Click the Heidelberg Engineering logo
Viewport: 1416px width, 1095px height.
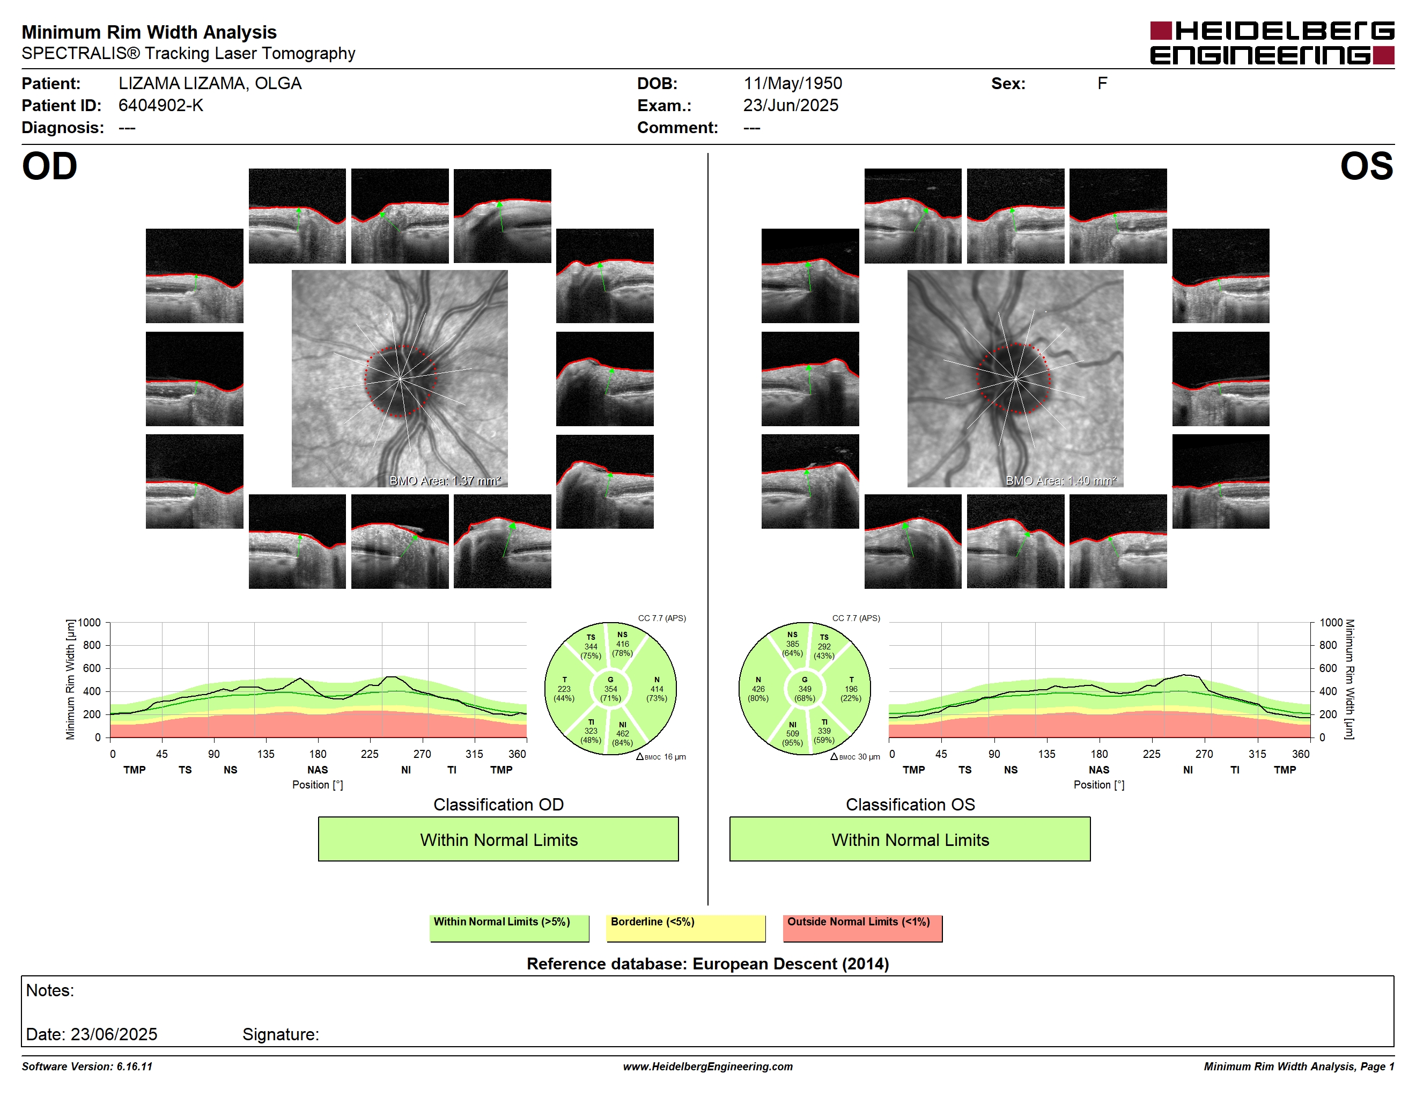point(1272,43)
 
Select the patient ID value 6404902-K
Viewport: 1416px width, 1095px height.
point(161,106)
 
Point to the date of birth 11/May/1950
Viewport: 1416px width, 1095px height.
point(792,84)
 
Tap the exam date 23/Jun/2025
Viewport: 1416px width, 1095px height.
point(791,106)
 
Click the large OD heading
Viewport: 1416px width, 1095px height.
point(49,167)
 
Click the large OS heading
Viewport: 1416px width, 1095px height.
point(1367,167)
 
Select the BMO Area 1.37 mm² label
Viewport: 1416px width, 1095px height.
point(445,481)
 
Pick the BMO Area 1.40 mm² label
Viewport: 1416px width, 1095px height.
point(1061,481)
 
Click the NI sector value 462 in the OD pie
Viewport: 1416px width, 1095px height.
point(622,734)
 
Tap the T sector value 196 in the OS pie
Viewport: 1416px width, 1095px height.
point(851,689)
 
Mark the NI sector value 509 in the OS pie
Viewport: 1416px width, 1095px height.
point(792,734)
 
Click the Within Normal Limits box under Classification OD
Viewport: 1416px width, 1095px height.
point(498,839)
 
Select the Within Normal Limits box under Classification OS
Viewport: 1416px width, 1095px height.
point(910,839)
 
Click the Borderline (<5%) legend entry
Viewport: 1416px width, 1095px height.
point(685,928)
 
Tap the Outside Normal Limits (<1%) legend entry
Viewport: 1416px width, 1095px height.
point(862,928)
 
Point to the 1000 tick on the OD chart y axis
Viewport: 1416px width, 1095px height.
point(90,623)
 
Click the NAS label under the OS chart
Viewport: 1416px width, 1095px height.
point(1099,770)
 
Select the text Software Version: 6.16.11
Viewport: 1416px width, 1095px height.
point(87,1067)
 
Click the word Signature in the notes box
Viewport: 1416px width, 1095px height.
point(281,1035)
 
